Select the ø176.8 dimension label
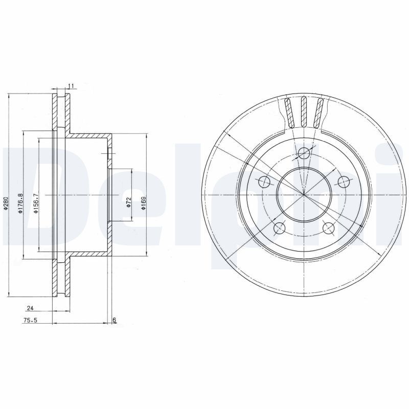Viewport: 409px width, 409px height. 21,203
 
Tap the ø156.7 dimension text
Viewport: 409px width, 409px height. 36,203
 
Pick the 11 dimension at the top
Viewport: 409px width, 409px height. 71,85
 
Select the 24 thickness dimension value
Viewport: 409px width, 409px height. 30,308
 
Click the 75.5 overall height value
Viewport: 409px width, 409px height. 29,321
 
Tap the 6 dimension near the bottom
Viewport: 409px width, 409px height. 114,320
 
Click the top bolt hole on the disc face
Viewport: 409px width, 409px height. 304,153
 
